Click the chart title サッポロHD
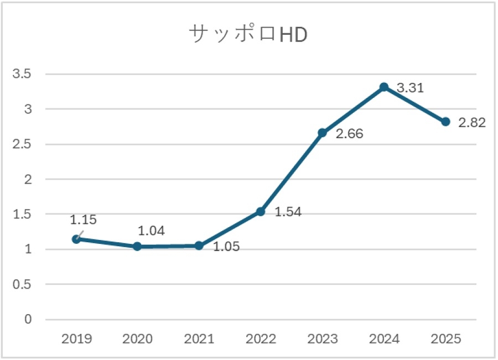click(x=248, y=34)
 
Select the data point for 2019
click(x=76, y=239)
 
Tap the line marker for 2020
click(x=137, y=246)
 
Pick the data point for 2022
click(x=261, y=211)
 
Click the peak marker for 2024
click(x=384, y=87)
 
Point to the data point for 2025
click(x=445, y=122)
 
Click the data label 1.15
click(x=83, y=220)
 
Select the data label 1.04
click(x=152, y=231)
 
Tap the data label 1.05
click(x=226, y=247)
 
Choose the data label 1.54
click(x=288, y=212)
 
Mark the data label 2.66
click(x=349, y=134)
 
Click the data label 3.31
click(x=411, y=88)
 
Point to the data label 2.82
click(x=472, y=123)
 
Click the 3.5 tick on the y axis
click(x=22, y=74)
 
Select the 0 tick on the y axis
click(x=28, y=319)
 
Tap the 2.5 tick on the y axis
click(x=22, y=144)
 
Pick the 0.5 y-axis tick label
click(x=22, y=284)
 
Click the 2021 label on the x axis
click(x=199, y=339)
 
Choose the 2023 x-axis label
click(x=323, y=339)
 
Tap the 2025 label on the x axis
click(x=445, y=339)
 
